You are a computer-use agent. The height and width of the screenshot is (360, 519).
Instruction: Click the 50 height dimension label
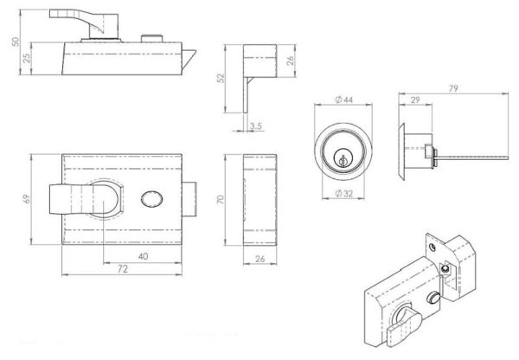tap(16, 42)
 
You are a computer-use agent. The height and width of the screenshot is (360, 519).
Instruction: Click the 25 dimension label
tap(27, 58)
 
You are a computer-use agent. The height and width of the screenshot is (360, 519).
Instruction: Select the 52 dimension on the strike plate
tap(221, 78)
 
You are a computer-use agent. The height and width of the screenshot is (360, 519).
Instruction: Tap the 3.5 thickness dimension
tap(256, 125)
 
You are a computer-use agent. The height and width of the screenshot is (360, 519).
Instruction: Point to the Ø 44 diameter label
tap(344, 100)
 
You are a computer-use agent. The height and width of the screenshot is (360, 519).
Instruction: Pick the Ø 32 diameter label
tap(344, 193)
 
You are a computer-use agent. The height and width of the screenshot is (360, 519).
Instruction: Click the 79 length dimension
tap(453, 88)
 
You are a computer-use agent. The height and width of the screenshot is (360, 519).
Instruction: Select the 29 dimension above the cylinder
tap(415, 100)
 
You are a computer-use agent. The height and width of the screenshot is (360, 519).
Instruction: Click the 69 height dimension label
tap(27, 199)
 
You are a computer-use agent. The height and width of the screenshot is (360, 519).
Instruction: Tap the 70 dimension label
tap(221, 199)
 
